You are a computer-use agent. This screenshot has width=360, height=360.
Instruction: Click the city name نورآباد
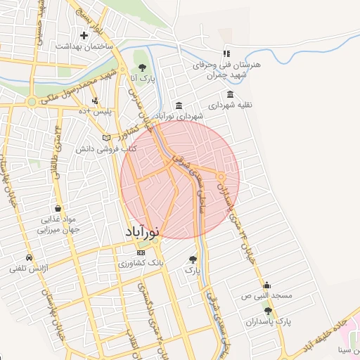coord(143,231)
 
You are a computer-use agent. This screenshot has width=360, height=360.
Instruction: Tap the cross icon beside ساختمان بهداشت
coord(84,34)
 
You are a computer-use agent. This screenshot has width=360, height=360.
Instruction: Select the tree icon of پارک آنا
coord(143,68)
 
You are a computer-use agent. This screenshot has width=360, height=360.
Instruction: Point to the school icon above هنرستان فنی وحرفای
coord(226,53)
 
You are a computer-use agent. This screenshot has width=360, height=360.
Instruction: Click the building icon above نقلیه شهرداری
coord(231,95)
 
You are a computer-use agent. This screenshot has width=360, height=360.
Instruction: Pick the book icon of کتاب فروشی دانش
coord(107,138)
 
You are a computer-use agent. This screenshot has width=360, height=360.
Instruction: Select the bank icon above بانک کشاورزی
coord(141,252)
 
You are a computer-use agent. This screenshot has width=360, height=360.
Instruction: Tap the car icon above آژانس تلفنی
coord(29,257)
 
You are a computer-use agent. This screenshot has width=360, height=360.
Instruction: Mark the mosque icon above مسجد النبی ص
coord(267,285)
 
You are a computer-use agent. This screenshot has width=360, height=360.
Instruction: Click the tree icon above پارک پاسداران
coord(267,311)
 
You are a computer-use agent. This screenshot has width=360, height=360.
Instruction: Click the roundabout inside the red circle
coord(220,176)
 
